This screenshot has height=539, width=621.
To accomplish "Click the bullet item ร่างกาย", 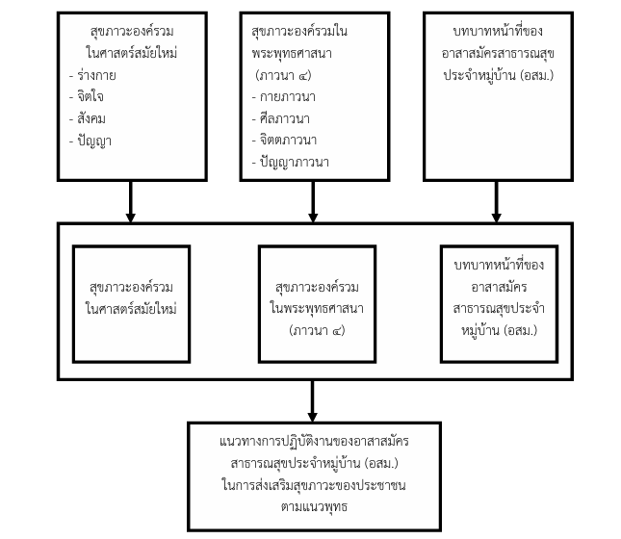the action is point(92,75).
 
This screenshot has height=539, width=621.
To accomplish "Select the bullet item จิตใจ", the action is point(87,96).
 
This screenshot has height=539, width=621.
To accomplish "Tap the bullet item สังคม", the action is point(87,118).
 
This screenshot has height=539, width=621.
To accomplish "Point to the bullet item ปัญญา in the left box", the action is point(90,141).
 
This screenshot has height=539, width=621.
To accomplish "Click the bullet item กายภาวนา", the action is point(284,96).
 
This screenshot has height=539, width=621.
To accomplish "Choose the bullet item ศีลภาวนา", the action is point(281,118).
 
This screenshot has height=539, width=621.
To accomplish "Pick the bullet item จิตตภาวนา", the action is point(284,140).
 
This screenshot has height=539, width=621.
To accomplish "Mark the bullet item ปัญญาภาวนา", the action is point(291,162).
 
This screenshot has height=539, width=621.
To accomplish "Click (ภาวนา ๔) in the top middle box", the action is point(284,75).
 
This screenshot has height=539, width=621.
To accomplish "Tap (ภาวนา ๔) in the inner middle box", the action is point(317,330).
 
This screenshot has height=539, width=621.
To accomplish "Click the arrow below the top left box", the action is point(130,201).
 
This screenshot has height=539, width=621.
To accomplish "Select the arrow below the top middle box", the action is point(313,201).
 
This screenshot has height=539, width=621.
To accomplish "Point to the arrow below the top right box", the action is point(496,201).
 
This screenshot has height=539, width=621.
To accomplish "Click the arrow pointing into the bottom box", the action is point(313,401).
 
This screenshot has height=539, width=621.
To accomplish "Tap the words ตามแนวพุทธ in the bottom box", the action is point(314,506).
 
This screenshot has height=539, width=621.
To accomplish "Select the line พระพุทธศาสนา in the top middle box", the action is point(292,53).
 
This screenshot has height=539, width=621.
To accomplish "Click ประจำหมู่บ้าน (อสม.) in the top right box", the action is point(498,75).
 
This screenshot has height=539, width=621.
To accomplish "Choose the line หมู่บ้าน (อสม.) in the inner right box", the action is point(499,330).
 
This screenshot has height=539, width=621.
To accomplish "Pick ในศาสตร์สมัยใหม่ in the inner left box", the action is point(131,309).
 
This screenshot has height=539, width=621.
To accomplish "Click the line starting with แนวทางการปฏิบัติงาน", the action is point(314,441).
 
